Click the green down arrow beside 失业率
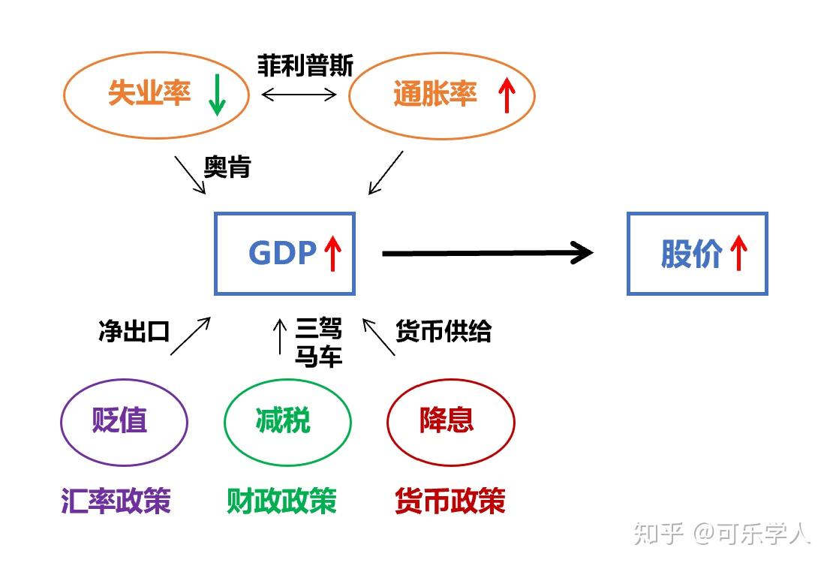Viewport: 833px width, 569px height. pyautogui.click(x=217, y=95)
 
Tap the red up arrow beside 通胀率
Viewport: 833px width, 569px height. pyautogui.click(x=507, y=95)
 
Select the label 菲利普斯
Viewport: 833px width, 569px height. pyautogui.click(x=305, y=66)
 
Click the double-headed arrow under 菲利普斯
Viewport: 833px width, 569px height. pyautogui.click(x=299, y=95)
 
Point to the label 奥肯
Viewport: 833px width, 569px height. pyautogui.click(x=227, y=167)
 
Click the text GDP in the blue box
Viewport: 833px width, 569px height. pyautogui.click(x=282, y=254)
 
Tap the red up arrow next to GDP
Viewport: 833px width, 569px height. pyautogui.click(x=333, y=253)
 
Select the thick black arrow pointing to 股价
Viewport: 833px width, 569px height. pyautogui.click(x=488, y=253)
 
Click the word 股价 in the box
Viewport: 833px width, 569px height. pyautogui.click(x=691, y=254)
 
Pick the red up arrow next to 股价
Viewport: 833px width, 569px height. pyautogui.click(x=738, y=253)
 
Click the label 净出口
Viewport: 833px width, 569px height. pyautogui.click(x=134, y=331)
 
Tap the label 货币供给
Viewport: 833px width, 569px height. pyautogui.click(x=444, y=331)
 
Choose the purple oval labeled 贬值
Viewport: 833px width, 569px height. pyautogui.click(x=124, y=421)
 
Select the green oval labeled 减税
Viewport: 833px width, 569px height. pyautogui.click(x=287, y=421)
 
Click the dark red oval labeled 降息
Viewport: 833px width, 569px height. pyautogui.click(x=450, y=421)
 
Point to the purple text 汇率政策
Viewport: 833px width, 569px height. pyautogui.click(x=116, y=501)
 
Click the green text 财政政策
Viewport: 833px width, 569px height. pyautogui.click(x=282, y=501)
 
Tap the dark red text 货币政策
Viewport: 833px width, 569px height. pyautogui.click(x=450, y=501)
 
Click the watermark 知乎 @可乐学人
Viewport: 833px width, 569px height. pyautogui.click(x=722, y=534)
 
